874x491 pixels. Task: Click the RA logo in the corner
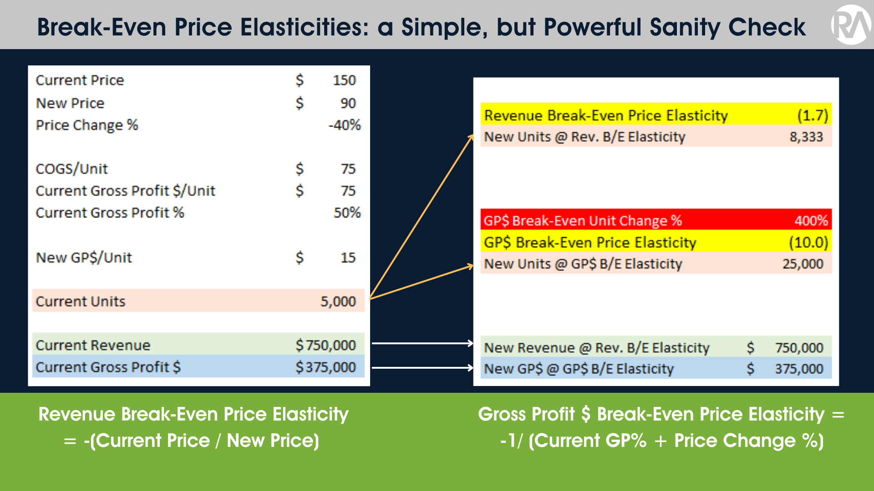(x=850, y=25)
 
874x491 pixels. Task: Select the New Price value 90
(x=348, y=103)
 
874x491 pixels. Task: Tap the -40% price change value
(x=345, y=125)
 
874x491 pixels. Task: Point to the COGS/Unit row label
(x=71, y=169)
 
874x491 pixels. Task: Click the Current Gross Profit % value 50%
(x=347, y=213)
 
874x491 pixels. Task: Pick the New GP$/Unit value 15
(x=348, y=258)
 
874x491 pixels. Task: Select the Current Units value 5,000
(x=338, y=301)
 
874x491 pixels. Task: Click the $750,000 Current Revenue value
(x=325, y=346)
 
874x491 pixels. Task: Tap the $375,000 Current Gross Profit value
(x=325, y=367)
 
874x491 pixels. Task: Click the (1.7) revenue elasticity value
(x=813, y=115)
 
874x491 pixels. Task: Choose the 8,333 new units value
(x=806, y=137)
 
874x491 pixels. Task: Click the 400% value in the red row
(x=811, y=221)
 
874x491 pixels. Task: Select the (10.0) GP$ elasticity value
(x=808, y=243)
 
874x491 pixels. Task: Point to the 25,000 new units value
(x=803, y=264)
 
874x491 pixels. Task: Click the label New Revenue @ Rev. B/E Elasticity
(x=596, y=348)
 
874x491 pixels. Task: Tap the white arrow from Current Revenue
(x=422, y=343)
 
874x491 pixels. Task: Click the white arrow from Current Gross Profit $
(x=422, y=367)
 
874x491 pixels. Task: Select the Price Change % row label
(x=86, y=125)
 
